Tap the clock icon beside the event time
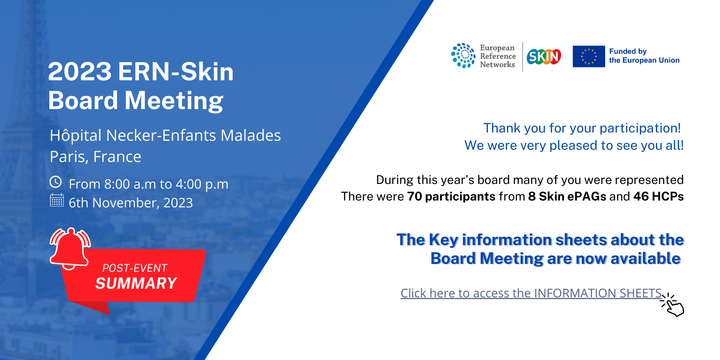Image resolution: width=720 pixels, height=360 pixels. pyautogui.click(x=56, y=182)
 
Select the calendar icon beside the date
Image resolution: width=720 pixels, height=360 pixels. pyautogui.click(x=57, y=200)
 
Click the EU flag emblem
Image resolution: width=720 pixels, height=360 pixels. pyautogui.click(x=589, y=56)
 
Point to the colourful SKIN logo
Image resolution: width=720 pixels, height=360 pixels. pyautogui.click(x=544, y=57)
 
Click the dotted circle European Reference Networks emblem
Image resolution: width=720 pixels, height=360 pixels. pyautogui.click(x=463, y=55)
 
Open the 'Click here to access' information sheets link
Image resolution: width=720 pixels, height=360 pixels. pyautogui.click(x=531, y=293)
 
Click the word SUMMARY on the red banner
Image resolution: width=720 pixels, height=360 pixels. pyautogui.click(x=136, y=283)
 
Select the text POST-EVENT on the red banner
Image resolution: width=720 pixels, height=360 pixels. pyautogui.click(x=135, y=268)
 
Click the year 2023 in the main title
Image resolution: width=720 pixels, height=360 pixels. pyautogui.click(x=80, y=71)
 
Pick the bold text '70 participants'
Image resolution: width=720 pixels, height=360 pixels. pyautogui.click(x=451, y=197)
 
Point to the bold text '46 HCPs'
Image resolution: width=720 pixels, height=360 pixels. pyautogui.click(x=658, y=196)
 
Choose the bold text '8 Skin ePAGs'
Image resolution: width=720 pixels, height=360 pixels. pyautogui.click(x=567, y=197)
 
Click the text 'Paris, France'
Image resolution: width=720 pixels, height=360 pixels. pyautogui.click(x=95, y=157)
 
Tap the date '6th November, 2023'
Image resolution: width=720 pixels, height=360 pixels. pyautogui.click(x=131, y=203)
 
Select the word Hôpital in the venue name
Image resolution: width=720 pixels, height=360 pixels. pyautogui.click(x=76, y=135)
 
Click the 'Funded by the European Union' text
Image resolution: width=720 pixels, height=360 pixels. pyautogui.click(x=644, y=56)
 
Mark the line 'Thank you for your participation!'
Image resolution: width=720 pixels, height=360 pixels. pyautogui.click(x=582, y=128)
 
